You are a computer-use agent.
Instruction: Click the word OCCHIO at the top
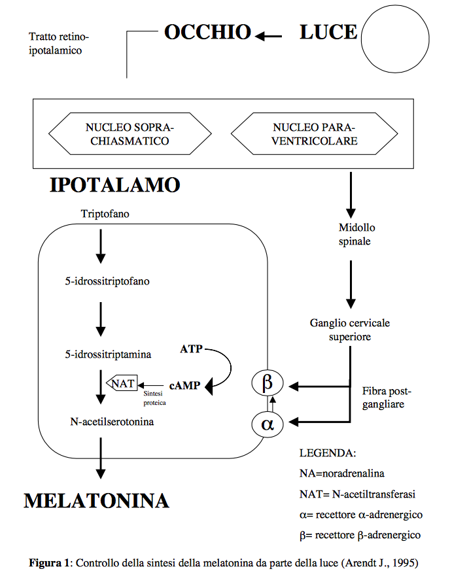coord(207,32)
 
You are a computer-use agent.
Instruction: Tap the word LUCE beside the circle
coord(328,32)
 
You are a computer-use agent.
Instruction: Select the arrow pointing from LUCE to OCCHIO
coord(269,36)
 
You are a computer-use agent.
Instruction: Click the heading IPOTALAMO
coord(115,185)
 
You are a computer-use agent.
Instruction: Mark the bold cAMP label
coord(184,386)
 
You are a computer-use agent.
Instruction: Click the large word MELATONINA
coord(97,501)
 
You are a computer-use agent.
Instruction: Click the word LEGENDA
coord(328,452)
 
